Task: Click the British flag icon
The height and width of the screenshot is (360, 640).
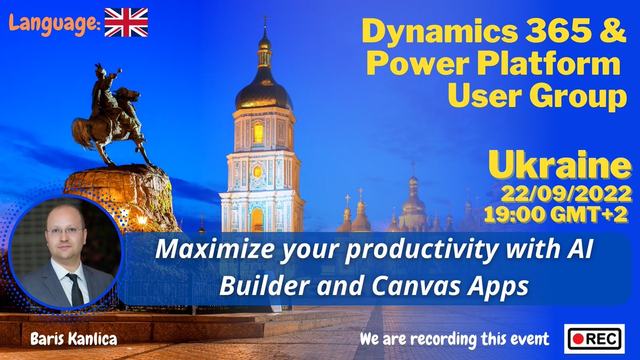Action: pos(126,22)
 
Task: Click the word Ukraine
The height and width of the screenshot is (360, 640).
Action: pos(559,166)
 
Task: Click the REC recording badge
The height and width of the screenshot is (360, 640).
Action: pos(594,338)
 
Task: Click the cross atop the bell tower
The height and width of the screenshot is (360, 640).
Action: pos(264,21)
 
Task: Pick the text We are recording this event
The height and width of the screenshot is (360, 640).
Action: pos(454,338)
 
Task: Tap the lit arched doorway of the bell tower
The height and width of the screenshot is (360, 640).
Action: pos(258,219)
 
